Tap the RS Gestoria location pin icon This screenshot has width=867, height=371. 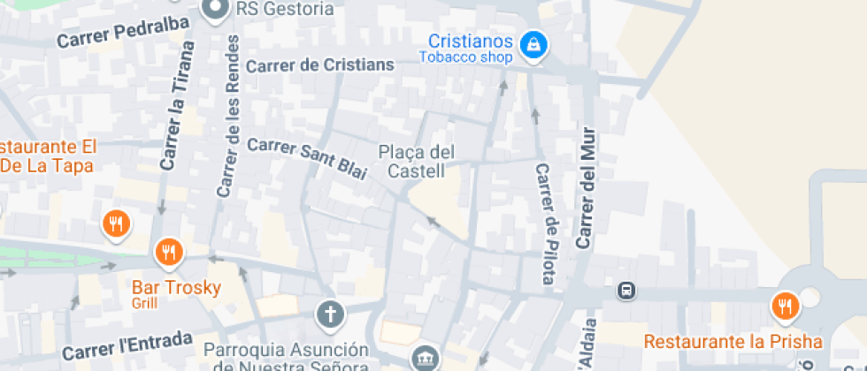pyautogui.click(x=214, y=10)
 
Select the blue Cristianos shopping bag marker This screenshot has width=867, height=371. pyautogui.click(x=533, y=43)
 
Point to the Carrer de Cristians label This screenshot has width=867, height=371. pyautogui.click(x=319, y=65)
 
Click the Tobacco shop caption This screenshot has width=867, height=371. pyautogui.click(x=465, y=58)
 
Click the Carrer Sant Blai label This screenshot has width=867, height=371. pyautogui.click(x=307, y=159)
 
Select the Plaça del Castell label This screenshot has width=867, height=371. pyautogui.click(x=416, y=160)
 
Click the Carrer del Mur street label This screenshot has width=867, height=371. pyautogui.click(x=586, y=187)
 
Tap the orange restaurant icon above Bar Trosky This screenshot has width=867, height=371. pyautogui.click(x=168, y=254)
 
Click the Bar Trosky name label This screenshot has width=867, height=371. pyautogui.click(x=176, y=287)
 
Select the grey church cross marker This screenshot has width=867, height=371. pyautogui.click(x=329, y=313)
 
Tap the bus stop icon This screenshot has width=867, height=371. pyautogui.click(x=625, y=290)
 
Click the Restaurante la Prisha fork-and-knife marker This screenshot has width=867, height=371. pyautogui.click(x=784, y=306)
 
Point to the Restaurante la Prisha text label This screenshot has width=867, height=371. pyautogui.click(x=733, y=341)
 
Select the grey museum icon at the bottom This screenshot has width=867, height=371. pyautogui.click(x=423, y=358)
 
